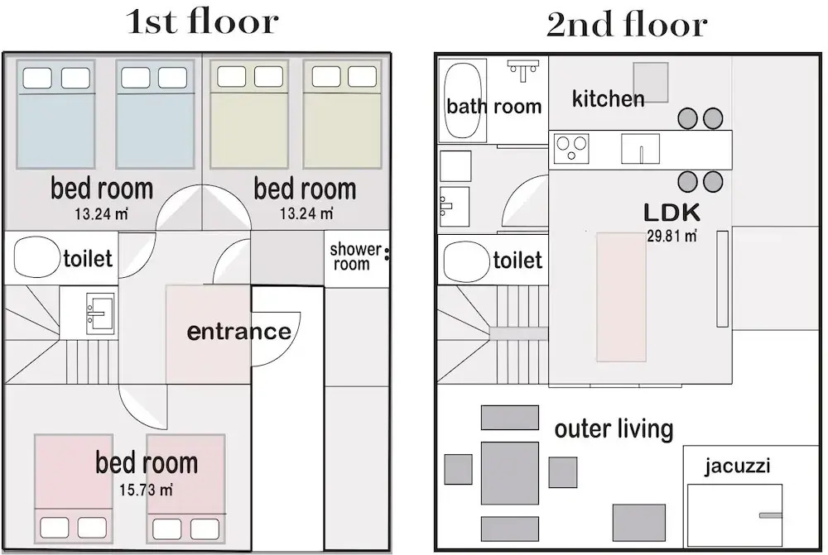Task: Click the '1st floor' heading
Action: click(x=202, y=22)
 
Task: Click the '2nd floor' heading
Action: click(x=627, y=24)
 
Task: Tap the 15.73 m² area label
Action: click(x=146, y=490)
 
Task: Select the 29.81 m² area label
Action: click(x=672, y=235)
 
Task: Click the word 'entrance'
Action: click(x=239, y=332)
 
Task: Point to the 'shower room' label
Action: click(x=355, y=256)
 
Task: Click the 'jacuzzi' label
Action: click(x=737, y=466)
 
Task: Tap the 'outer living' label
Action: click(x=614, y=428)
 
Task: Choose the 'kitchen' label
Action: click(x=609, y=98)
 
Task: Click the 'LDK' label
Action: click(x=672, y=212)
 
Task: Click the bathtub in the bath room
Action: click(x=463, y=100)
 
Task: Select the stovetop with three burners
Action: click(x=571, y=148)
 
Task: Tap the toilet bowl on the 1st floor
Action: click(x=36, y=257)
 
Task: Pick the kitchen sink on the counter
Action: click(x=640, y=149)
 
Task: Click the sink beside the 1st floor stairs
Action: click(x=100, y=313)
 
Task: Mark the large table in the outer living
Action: click(x=509, y=473)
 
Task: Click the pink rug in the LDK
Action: click(x=621, y=296)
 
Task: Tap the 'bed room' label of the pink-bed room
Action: click(x=147, y=462)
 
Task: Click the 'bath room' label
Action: click(x=493, y=106)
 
